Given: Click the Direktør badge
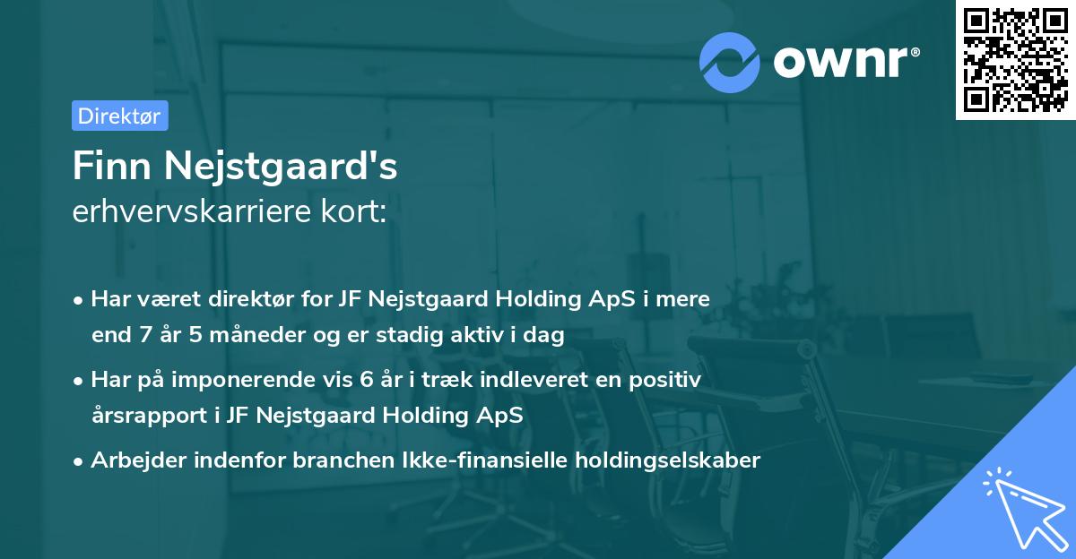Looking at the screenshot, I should point(119,116).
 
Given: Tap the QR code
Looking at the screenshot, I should point(1015,59).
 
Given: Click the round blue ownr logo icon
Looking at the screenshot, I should point(729,63).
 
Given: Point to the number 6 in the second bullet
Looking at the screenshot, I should point(367,380).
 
